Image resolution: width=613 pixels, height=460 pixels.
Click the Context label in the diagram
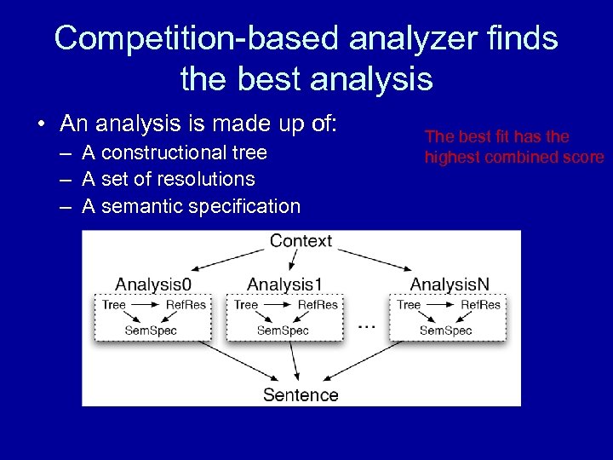click(x=301, y=241)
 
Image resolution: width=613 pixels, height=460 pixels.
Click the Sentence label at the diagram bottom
click(x=301, y=394)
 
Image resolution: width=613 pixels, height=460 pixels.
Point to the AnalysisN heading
click(x=450, y=284)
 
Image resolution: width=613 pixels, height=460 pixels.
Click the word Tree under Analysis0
click(x=114, y=305)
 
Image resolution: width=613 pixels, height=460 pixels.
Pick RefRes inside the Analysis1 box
click(x=318, y=305)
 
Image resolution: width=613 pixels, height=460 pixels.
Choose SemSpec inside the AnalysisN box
click(x=445, y=330)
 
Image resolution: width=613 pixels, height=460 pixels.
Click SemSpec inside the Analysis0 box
click(x=151, y=330)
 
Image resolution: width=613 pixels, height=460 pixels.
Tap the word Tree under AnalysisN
click(x=409, y=305)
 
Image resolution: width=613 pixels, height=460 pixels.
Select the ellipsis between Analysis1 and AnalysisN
click(x=366, y=325)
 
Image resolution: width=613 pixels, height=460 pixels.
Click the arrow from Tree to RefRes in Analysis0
click(x=145, y=305)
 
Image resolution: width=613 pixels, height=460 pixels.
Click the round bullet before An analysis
click(x=42, y=125)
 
